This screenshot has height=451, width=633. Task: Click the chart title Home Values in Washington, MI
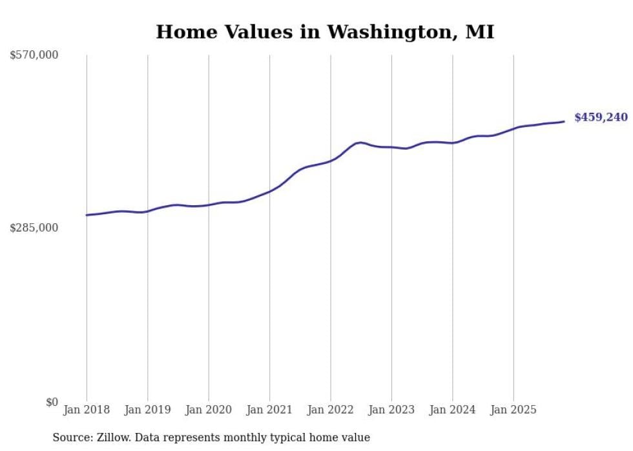(x=325, y=32)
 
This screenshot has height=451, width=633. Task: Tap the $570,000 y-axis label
(x=34, y=55)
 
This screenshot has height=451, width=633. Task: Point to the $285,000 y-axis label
(x=34, y=228)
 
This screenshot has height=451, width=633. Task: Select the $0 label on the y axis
(x=52, y=402)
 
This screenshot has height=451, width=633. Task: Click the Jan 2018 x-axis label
(x=87, y=410)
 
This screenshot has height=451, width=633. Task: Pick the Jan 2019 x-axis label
(x=147, y=410)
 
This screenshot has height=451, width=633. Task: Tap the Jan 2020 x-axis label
(x=209, y=410)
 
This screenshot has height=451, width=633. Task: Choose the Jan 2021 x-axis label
(x=269, y=410)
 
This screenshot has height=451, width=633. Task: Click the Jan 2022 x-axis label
(x=331, y=410)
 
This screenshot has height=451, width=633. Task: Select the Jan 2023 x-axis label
(x=391, y=410)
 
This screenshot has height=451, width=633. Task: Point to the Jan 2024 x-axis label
(x=453, y=410)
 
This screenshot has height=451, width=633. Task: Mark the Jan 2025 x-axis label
(x=514, y=410)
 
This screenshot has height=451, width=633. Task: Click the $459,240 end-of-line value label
(x=601, y=117)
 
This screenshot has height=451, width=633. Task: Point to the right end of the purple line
(x=564, y=121)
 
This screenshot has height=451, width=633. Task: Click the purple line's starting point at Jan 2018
(x=87, y=215)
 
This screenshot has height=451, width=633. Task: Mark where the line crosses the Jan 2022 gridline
(x=331, y=160)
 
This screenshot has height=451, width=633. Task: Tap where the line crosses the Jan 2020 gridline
(x=209, y=205)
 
